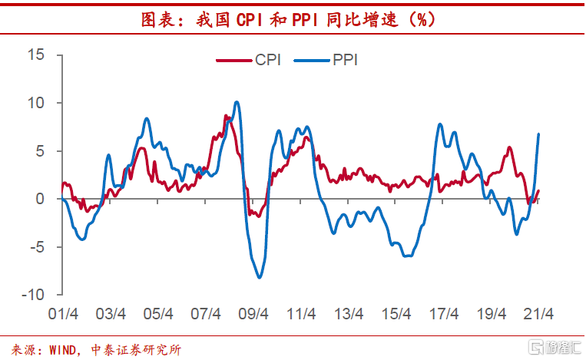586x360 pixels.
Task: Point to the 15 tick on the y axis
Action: point(35,54)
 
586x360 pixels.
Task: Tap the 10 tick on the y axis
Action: point(35,103)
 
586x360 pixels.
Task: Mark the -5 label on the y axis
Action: point(35,247)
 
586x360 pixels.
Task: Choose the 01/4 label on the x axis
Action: point(63,314)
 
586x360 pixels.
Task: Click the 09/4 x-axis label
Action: point(253,314)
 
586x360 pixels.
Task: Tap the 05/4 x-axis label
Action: point(158,314)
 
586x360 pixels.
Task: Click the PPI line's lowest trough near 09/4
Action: point(260,277)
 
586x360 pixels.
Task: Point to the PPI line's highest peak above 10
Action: point(236,101)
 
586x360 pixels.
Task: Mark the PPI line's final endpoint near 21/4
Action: point(538,134)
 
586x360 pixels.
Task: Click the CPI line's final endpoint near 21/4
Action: point(538,190)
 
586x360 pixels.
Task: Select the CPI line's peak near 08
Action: point(226,116)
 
